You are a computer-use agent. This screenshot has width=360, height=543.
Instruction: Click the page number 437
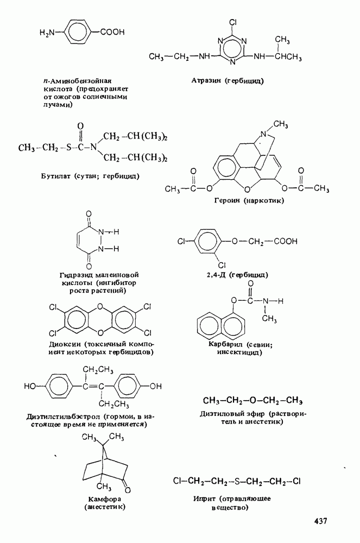(320, 522)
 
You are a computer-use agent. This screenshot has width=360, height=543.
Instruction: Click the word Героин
(229, 200)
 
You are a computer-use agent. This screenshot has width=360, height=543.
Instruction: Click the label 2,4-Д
(216, 275)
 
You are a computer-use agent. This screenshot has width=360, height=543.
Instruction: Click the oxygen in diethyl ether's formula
(252, 401)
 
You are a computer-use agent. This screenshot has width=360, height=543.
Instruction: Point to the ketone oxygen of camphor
(125, 482)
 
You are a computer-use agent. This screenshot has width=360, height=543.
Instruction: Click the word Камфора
(103, 498)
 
